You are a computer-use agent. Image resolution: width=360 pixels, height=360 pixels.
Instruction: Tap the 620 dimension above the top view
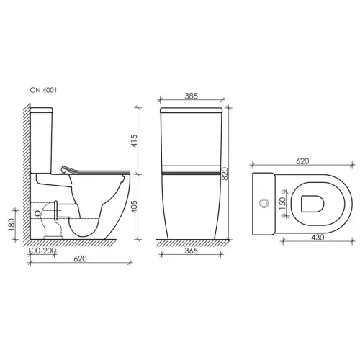302,163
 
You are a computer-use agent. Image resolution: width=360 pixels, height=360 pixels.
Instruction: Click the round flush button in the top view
264,204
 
